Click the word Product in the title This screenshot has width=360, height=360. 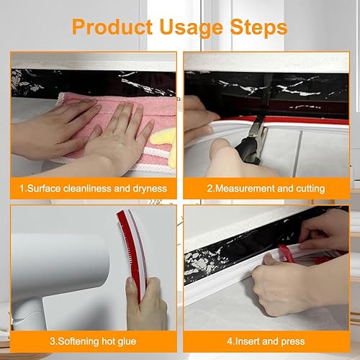pyautogui.click(x=112, y=27)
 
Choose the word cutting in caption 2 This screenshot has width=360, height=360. pyautogui.click(x=310, y=189)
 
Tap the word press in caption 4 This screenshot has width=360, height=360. pyautogui.click(x=293, y=342)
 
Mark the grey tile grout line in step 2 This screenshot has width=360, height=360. pyautogui.click(x=297, y=153)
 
